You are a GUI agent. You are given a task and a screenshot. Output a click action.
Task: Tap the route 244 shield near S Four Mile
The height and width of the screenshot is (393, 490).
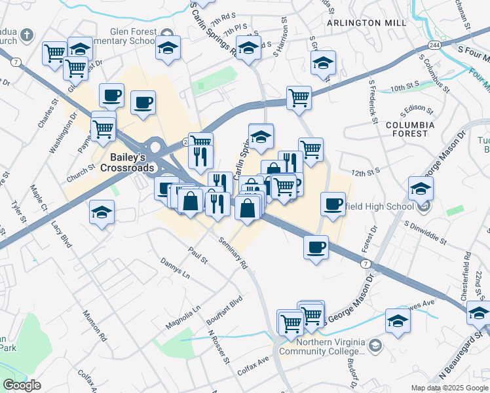point(435,45)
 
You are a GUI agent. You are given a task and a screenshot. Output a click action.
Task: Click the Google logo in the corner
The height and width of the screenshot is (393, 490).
point(22,385)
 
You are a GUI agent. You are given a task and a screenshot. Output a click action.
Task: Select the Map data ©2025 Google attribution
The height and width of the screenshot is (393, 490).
point(449,388)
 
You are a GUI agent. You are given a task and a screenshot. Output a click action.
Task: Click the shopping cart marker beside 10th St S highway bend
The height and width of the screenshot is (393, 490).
point(299,98)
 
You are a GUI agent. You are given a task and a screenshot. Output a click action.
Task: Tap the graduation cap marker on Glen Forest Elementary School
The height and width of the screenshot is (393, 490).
point(168,49)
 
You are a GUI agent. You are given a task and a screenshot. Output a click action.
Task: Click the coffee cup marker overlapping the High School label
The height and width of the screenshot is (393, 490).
point(333,204)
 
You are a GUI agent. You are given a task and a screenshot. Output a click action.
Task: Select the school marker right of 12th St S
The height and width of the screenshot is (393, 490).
point(421,188)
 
